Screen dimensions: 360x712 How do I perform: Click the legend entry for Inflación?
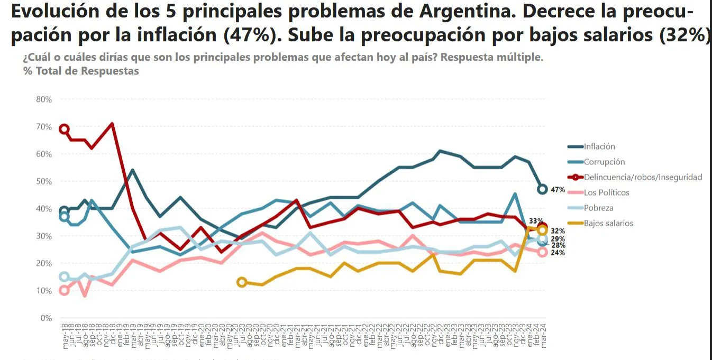click(x=599, y=147)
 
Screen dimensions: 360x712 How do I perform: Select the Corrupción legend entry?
click(x=604, y=162)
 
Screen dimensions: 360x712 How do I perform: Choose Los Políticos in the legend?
click(x=606, y=192)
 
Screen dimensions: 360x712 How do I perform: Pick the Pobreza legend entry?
click(x=598, y=208)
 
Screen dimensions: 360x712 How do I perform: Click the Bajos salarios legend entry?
click(x=608, y=223)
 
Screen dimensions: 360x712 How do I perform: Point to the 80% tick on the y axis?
click(x=44, y=99)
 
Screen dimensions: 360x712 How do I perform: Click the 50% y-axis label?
click(x=44, y=181)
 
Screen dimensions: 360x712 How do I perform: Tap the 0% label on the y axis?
click(x=46, y=318)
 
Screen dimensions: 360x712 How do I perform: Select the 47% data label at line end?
click(x=558, y=190)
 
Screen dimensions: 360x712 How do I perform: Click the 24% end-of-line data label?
click(x=558, y=253)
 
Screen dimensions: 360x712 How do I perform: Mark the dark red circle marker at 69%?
click(x=64, y=129)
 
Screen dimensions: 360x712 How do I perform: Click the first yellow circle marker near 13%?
click(x=242, y=282)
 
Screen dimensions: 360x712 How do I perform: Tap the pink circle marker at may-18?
click(x=64, y=290)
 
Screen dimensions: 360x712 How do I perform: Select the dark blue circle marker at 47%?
click(x=542, y=189)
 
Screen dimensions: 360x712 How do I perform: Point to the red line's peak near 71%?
click(x=112, y=124)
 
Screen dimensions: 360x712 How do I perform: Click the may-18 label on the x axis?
click(x=65, y=337)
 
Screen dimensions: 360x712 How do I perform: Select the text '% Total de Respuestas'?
click(x=81, y=71)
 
